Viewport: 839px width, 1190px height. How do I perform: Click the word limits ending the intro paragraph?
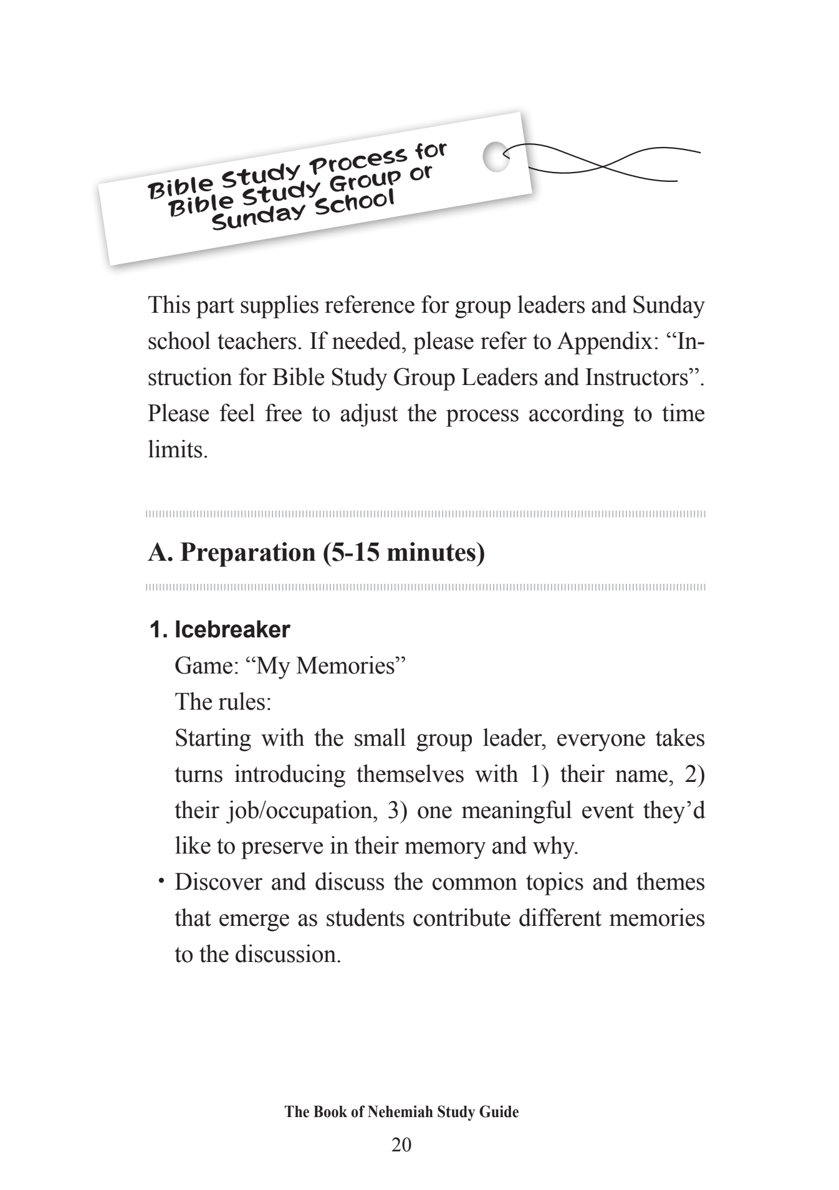pyautogui.click(x=177, y=450)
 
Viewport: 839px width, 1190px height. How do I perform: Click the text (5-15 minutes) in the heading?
pyautogui.click(x=404, y=553)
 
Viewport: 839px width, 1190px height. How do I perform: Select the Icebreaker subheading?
pyautogui.click(x=232, y=630)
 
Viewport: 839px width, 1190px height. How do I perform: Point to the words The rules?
pyautogui.click(x=223, y=702)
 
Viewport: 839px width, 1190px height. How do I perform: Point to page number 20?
pyautogui.click(x=401, y=1145)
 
